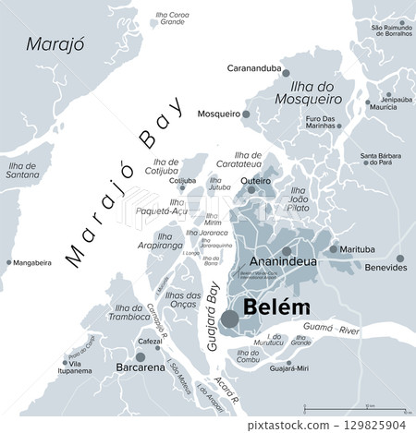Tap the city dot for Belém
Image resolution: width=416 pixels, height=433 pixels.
pos(228,319)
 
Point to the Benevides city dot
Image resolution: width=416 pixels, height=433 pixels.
pos(399,259)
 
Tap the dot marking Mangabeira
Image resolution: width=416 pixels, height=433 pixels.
pos(8,262)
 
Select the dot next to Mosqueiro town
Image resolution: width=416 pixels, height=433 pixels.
pos(247,114)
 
